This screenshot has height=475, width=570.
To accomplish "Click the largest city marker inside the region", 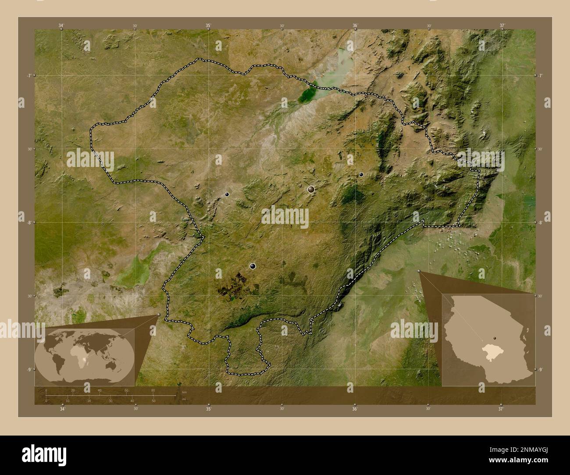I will pos(311,189).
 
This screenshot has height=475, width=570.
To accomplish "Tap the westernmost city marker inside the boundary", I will pos(227,194).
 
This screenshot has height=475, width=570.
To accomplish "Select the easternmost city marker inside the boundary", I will pos(361,174).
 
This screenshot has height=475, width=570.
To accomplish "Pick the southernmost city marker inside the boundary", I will pos(253,266).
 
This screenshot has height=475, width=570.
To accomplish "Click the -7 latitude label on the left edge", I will pos(28,75).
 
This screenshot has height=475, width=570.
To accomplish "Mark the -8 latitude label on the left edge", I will pos(28,223).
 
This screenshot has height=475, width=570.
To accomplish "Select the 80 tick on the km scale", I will pos(153,390).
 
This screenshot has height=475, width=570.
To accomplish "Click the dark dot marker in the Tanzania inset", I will pos(494,338).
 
